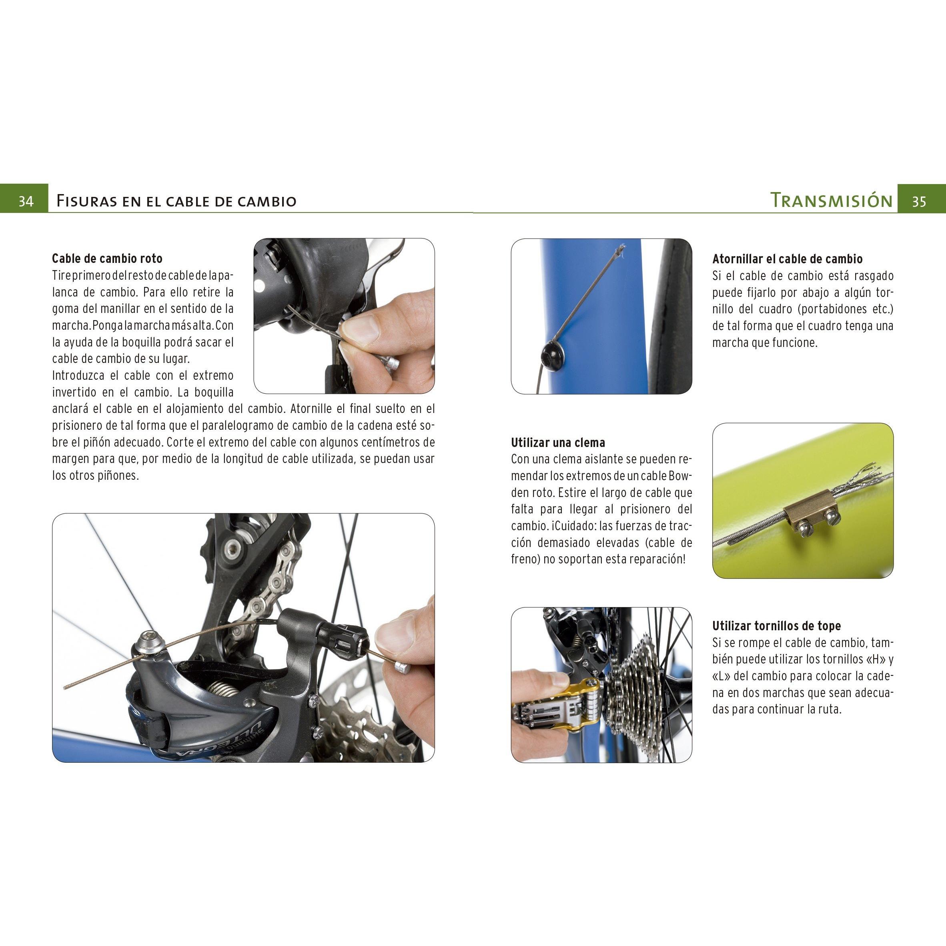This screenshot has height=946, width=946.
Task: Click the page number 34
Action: [26, 201]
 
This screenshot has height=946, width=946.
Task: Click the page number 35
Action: [919, 201]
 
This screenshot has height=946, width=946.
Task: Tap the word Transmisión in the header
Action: [832, 200]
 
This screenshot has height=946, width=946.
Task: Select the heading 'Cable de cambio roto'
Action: [107, 259]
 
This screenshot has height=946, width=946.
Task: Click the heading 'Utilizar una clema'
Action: [558, 443]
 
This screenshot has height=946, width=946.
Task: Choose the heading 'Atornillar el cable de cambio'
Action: [788, 259]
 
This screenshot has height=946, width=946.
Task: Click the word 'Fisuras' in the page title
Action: [86, 201]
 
